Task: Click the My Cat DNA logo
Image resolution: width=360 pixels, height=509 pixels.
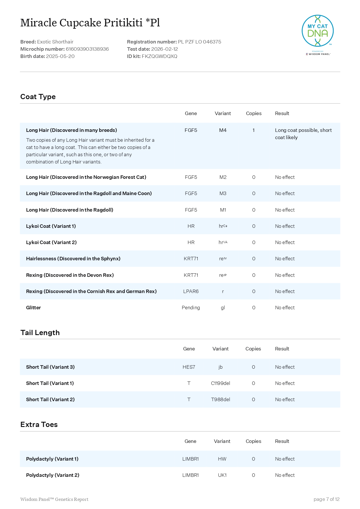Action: click(317, 31)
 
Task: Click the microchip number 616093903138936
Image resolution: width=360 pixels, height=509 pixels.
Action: click(87, 49)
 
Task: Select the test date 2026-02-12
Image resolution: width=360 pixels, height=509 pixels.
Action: click(164, 49)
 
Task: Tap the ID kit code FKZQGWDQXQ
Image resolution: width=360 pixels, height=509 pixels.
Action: click(159, 56)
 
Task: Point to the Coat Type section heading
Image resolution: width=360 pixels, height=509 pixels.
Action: click(38, 97)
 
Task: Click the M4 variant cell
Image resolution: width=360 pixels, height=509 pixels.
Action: click(223, 130)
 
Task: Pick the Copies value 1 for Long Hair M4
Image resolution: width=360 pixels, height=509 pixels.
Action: click(253, 130)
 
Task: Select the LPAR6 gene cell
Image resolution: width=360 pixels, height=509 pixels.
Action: click(191, 291)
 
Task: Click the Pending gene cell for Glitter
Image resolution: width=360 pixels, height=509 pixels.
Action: click(191, 308)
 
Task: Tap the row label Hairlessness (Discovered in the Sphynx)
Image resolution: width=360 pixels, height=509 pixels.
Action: click(73, 259)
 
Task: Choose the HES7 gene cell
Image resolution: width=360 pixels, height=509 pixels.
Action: click(189, 367)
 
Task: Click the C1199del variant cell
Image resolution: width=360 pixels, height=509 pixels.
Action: click(220, 383)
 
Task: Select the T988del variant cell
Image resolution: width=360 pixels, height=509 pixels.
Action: click(220, 399)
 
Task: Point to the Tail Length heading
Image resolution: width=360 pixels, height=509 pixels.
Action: click(40, 333)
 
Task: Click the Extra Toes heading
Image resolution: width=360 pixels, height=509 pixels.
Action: click(39, 425)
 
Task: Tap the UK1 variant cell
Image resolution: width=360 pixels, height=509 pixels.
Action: click(222, 475)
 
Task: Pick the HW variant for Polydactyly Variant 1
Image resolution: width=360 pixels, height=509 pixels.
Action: click(222, 459)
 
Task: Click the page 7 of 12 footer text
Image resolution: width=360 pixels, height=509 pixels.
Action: click(326, 499)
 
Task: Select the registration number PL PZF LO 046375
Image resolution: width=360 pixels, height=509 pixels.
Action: click(199, 42)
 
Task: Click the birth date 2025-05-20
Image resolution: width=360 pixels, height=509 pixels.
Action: click(60, 56)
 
